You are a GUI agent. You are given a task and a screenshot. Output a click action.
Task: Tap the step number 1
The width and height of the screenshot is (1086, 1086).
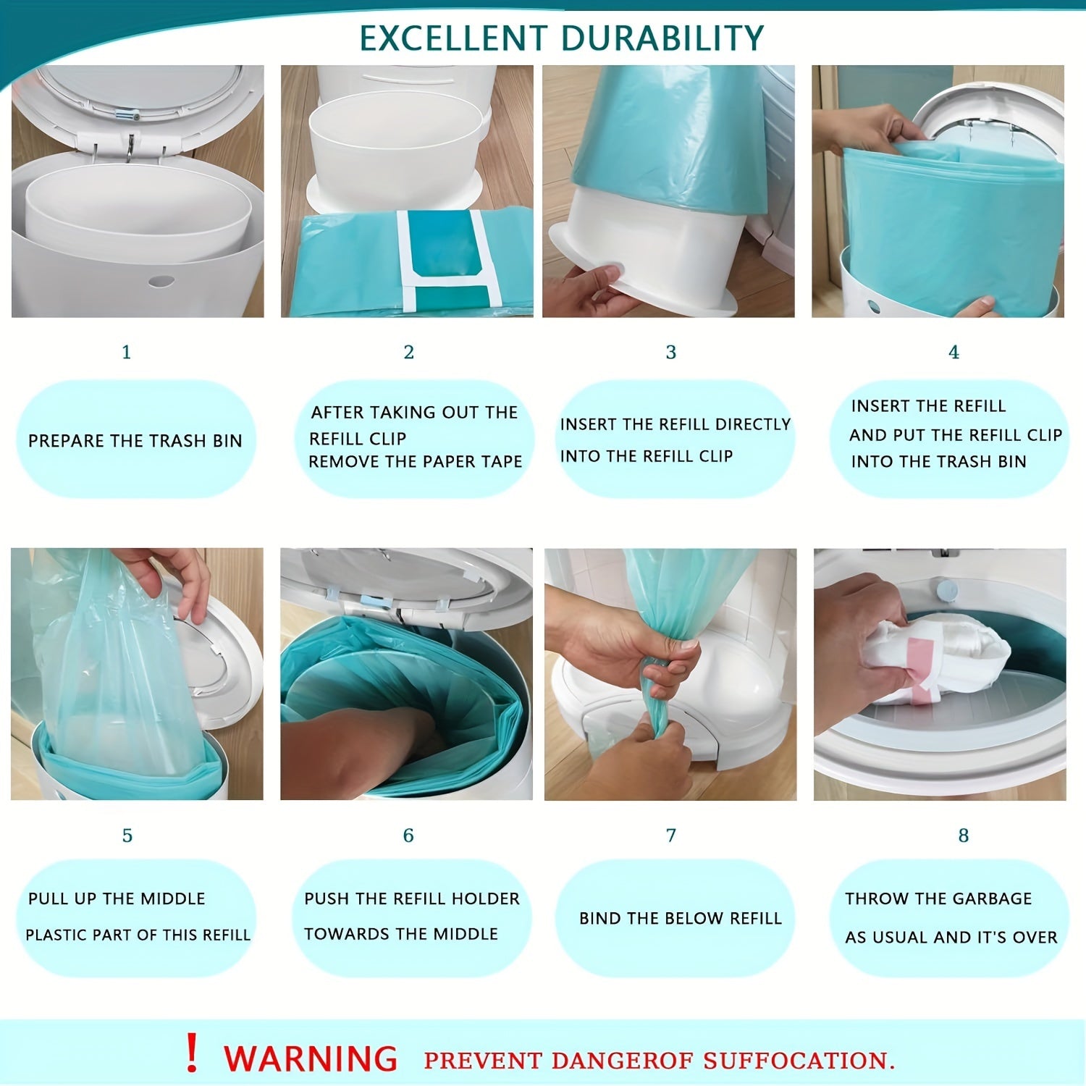click(126, 352)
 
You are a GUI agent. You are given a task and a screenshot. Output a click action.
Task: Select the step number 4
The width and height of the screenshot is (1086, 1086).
click(954, 352)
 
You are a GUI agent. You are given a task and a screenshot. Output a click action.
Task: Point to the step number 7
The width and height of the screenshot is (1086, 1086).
click(671, 835)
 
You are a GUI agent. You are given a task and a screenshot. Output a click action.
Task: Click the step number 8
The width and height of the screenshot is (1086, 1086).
click(963, 835)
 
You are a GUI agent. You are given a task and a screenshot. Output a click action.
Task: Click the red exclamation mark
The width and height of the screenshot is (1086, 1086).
click(191, 1053)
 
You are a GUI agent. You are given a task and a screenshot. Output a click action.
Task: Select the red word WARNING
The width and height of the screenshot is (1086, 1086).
click(311, 1059)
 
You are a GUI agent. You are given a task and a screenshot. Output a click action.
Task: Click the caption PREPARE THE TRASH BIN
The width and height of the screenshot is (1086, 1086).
click(135, 441)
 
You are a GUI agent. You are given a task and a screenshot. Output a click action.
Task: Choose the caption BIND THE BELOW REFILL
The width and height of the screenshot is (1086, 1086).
click(680, 918)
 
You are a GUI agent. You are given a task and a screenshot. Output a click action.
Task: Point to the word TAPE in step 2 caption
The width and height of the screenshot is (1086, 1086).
click(502, 462)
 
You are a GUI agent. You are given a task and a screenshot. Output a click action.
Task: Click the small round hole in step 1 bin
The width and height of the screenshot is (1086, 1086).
click(161, 280)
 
